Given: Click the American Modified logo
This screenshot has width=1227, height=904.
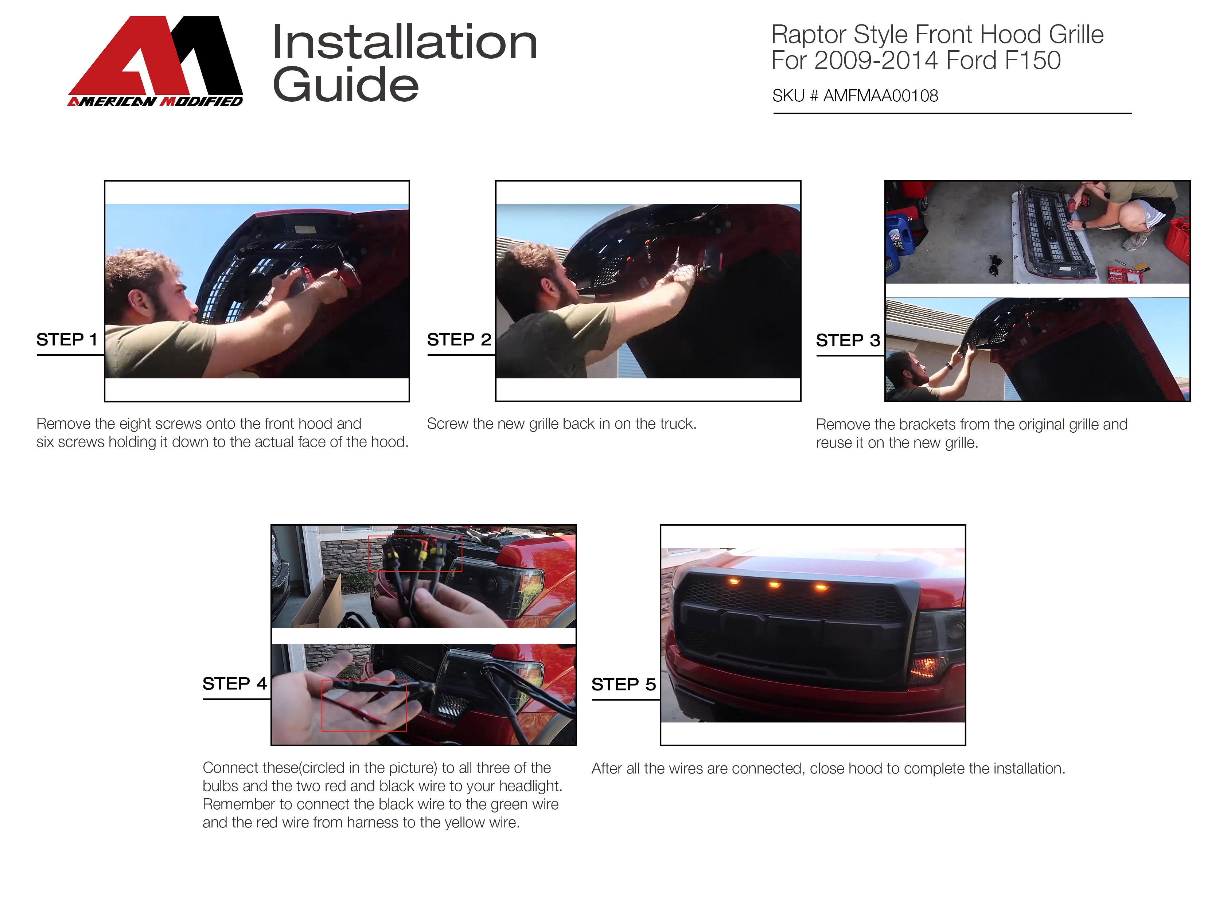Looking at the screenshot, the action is tap(155, 61).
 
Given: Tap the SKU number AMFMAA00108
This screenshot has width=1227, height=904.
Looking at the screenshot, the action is tap(881, 96).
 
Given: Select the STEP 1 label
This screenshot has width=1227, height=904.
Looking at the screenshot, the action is tap(67, 339).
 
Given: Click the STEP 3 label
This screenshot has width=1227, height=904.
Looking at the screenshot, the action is tap(848, 340).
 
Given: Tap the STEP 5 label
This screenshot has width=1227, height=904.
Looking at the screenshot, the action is tap(623, 684).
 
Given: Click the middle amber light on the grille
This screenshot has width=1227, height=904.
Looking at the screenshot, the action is tap(774, 585).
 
